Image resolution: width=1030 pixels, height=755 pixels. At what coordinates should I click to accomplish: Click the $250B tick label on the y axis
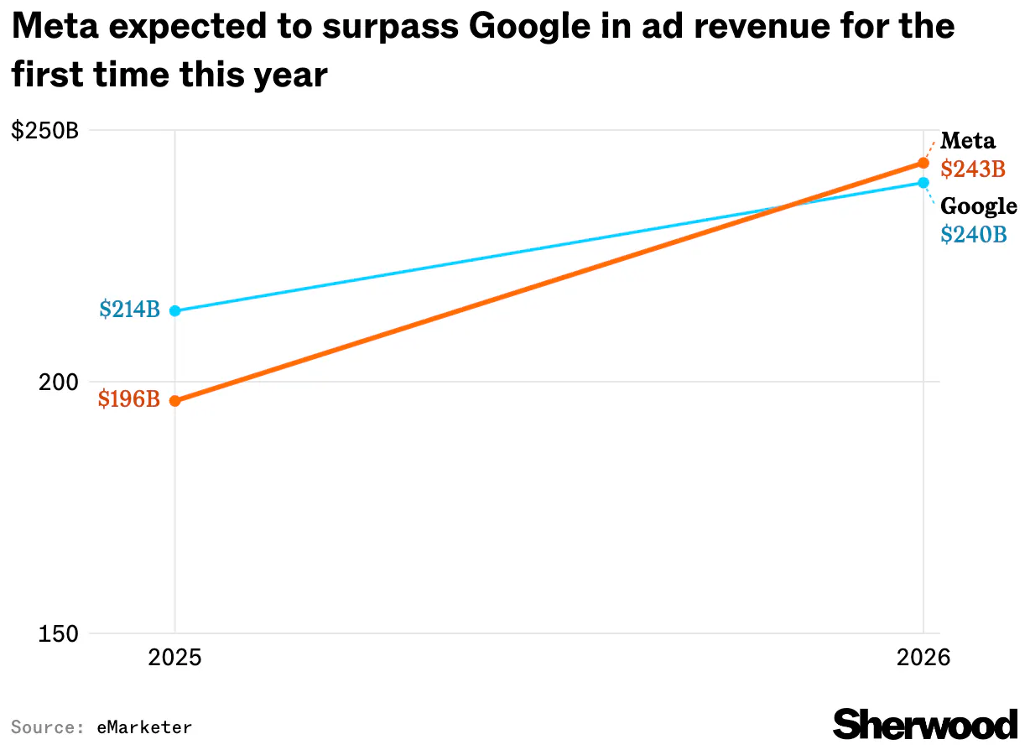click(x=44, y=131)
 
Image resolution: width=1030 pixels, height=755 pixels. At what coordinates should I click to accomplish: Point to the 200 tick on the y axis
click(x=56, y=383)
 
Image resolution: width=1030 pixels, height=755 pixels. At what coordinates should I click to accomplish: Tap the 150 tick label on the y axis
click(x=56, y=634)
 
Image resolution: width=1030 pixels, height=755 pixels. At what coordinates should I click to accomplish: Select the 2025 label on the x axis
click(x=174, y=657)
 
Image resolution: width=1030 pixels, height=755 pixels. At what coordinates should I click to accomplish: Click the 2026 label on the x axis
click(x=923, y=657)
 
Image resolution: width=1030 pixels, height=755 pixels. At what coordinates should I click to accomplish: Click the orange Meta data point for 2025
click(x=174, y=401)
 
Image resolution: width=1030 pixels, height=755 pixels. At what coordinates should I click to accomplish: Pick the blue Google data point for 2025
click(x=174, y=310)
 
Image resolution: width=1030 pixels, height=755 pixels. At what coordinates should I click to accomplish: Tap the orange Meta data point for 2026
click(x=923, y=163)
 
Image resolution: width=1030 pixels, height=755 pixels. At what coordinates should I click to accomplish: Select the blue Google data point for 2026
click(x=923, y=182)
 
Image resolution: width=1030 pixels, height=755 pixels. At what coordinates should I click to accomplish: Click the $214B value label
click(x=129, y=310)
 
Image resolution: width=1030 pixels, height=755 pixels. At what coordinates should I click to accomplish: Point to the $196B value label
click(x=128, y=399)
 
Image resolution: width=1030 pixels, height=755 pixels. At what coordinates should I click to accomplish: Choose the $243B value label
click(x=972, y=169)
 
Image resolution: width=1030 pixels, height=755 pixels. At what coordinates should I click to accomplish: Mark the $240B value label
click(x=973, y=235)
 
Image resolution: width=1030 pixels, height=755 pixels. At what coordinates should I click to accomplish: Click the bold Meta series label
click(x=967, y=140)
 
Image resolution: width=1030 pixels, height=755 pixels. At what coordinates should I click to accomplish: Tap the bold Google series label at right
click(x=978, y=206)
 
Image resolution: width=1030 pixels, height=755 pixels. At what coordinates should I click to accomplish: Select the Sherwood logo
click(x=925, y=723)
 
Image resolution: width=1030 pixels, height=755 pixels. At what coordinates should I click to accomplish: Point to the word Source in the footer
click(x=41, y=727)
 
